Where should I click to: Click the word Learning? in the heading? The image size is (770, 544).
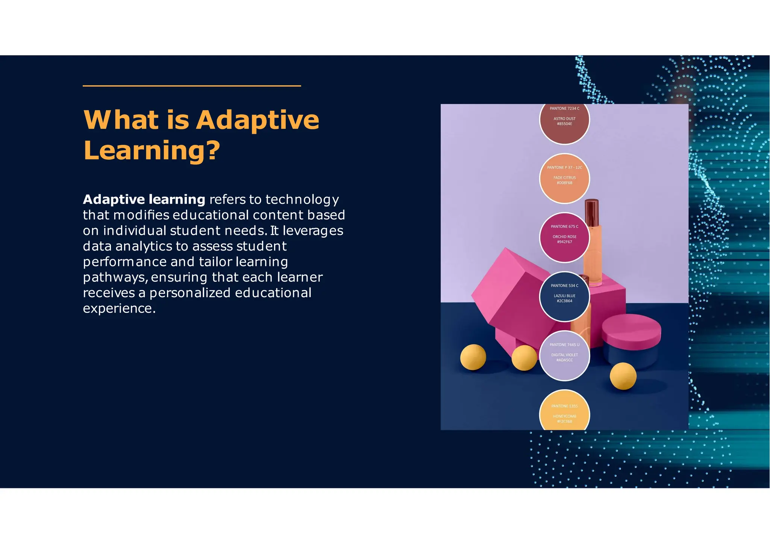coord(151,150)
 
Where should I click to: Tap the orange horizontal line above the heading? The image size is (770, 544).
coord(192,86)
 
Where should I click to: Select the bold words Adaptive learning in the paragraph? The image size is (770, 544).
coord(144,199)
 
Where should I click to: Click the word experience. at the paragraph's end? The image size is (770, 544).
coord(119,308)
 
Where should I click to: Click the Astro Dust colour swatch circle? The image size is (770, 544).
coord(564,124)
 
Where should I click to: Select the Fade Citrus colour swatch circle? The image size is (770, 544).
coord(564,178)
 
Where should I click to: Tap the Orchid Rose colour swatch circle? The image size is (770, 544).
coord(564,237)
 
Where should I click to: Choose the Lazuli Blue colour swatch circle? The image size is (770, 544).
coord(564,296)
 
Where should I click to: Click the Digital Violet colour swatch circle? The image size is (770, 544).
coord(564,355)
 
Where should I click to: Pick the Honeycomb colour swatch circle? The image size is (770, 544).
coord(564,413)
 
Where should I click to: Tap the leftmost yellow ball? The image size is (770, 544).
coord(473,357)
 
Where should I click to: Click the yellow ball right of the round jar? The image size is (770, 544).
coord(623,376)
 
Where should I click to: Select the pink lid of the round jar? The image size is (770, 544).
coord(632,331)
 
